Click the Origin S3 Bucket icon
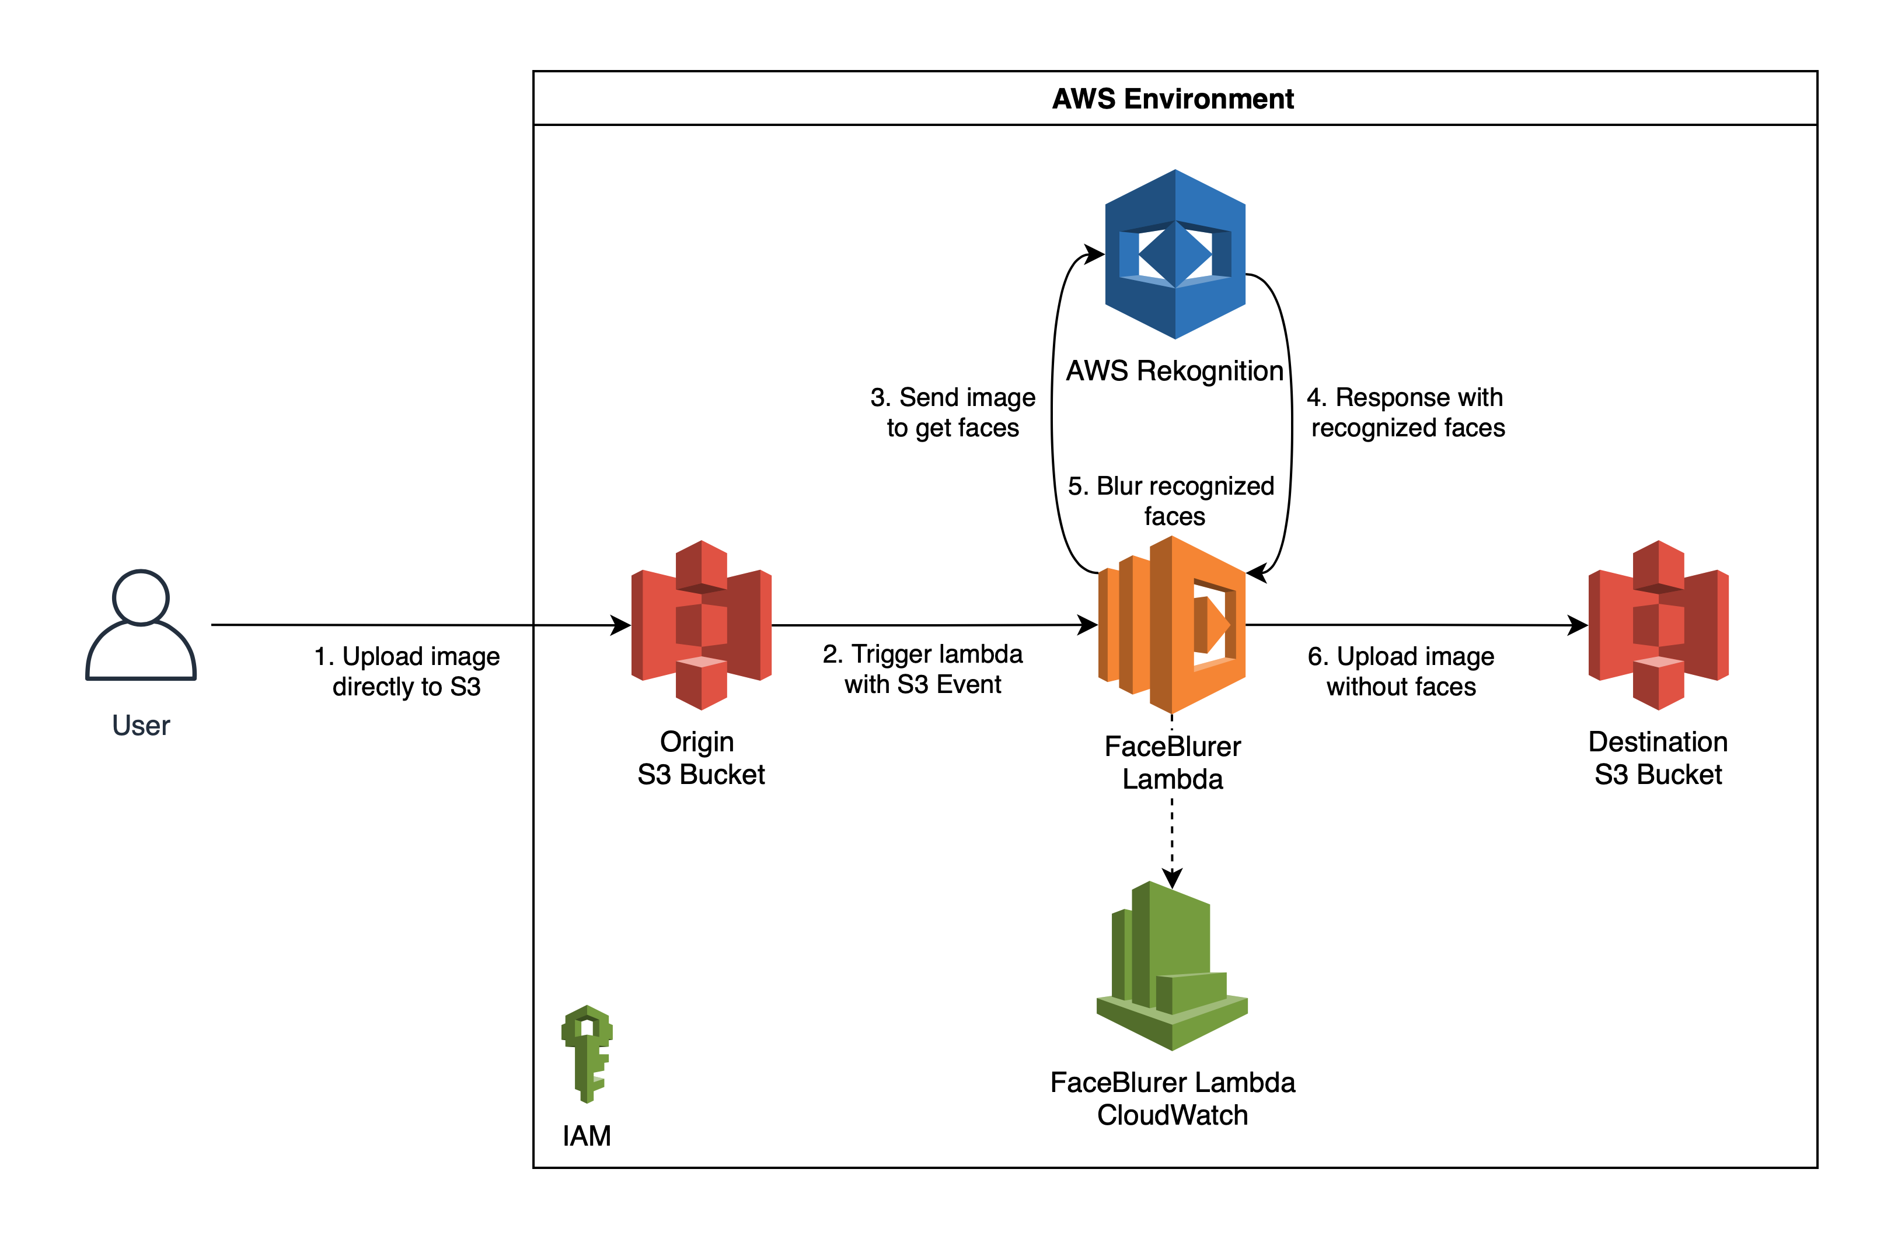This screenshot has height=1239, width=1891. pyautogui.click(x=702, y=625)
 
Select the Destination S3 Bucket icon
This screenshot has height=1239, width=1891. pyautogui.click(x=1658, y=625)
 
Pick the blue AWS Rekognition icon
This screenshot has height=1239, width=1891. pyautogui.click(x=1175, y=254)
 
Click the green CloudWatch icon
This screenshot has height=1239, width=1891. pyautogui.click(x=1172, y=965)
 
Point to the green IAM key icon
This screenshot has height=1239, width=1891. pyautogui.click(x=587, y=1054)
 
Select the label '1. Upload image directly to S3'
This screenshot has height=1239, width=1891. pyautogui.click(x=407, y=671)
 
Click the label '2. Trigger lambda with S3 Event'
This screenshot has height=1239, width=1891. pyautogui.click(x=923, y=668)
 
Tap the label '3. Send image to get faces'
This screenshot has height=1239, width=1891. pyautogui.click(x=953, y=412)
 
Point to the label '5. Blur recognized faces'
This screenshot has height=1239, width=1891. pyautogui.click(x=1172, y=501)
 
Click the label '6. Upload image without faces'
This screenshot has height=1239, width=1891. pyautogui.click(x=1401, y=671)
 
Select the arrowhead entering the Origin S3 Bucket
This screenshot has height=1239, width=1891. pyautogui.click(x=620, y=625)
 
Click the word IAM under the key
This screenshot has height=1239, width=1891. pyautogui.click(x=587, y=1136)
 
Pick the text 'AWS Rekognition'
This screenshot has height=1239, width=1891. pyautogui.click(x=1174, y=371)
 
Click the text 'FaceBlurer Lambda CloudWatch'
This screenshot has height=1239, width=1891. pyautogui.click(x=1173, y=1098)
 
